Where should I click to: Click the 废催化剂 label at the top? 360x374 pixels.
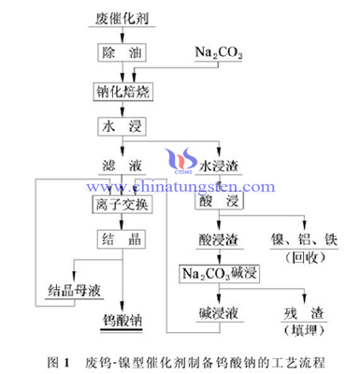tap(118, 18)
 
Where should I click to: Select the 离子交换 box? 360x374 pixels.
tap(118, 201)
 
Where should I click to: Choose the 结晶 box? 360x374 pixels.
tap(118, 238)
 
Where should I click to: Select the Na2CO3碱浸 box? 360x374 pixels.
tap(217, 274)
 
